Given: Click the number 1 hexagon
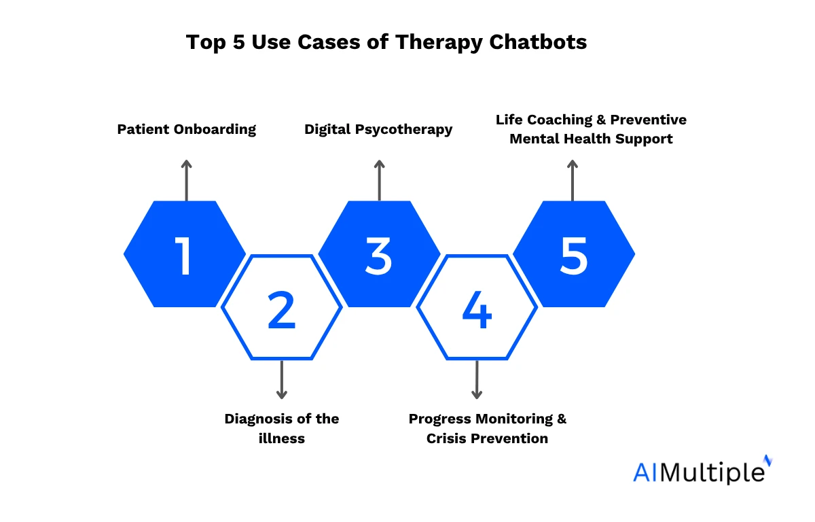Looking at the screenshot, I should point(185,254).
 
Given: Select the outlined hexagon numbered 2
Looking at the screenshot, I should point(282,307).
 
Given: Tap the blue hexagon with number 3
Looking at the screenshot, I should point(379,254).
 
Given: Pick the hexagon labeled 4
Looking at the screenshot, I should point(477,307).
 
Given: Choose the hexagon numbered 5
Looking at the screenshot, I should point(574,254).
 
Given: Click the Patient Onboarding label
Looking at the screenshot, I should point(187,129).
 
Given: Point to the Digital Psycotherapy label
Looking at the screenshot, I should point(378,129).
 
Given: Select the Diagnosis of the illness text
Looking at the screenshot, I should point(282,428).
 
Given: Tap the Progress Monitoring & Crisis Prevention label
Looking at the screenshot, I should point(487,428).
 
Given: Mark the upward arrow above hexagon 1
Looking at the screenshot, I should point(187,180).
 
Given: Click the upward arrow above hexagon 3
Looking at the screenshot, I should point(379,180).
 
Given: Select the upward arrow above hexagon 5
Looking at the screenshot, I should point(573,180).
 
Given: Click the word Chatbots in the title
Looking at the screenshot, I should point(538,42).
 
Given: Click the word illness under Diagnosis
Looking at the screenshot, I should point(282,438).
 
